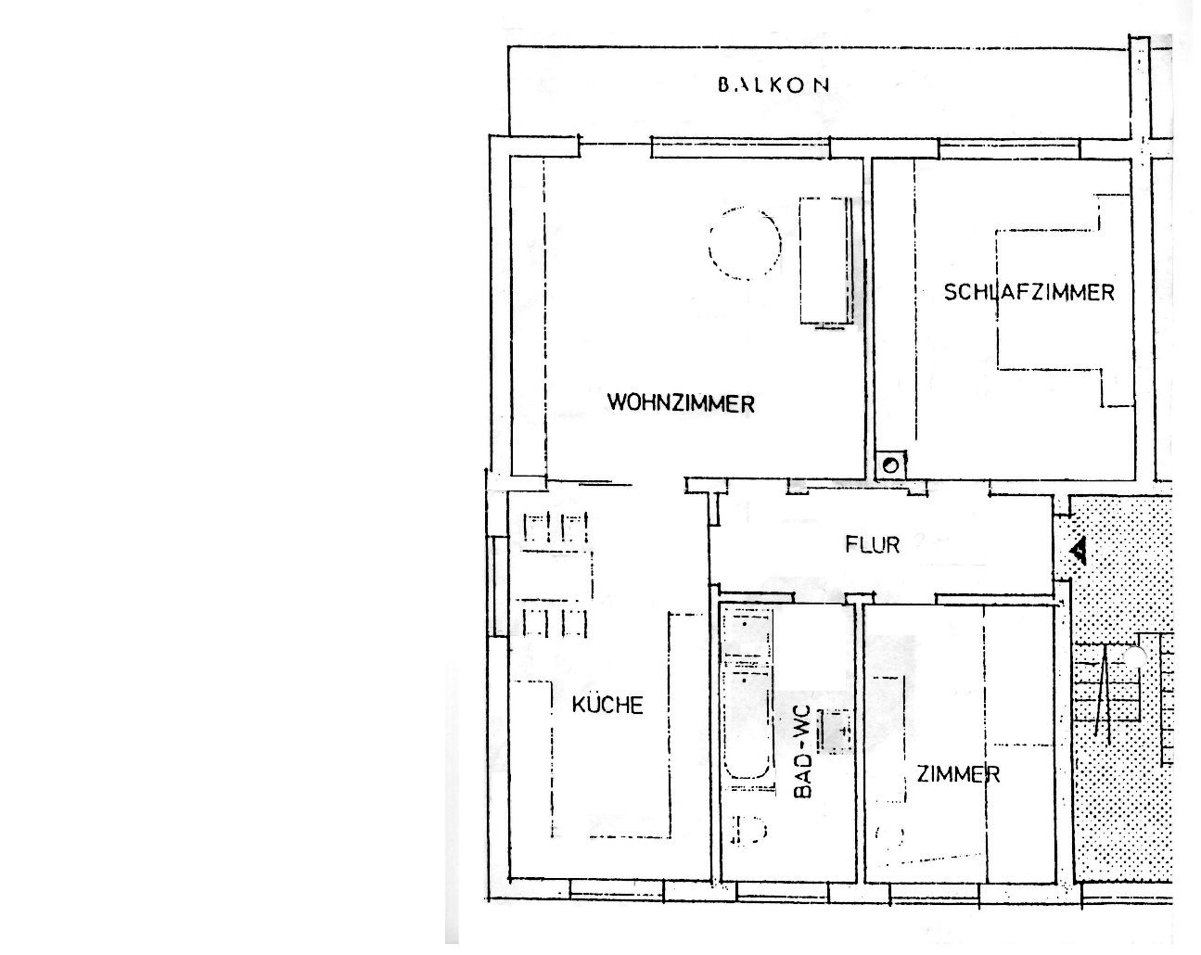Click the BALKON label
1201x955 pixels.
tap(773, 85)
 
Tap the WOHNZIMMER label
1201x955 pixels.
tap(681, 403)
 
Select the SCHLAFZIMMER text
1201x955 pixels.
tap(1029, 292)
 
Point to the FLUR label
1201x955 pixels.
tap(873, 545)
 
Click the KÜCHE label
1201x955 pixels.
tap(607, 705)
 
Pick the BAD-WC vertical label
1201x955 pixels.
tap(801, 752)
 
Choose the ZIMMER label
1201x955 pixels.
tap(958, 774)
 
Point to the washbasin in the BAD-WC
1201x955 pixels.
tap(835, 732)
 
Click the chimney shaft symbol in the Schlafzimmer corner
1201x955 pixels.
tap(890, 465)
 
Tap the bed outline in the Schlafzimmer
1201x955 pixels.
tap(1065, 300)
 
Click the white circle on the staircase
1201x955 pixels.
tap(1133, 657)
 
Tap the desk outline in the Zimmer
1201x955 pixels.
tap(889, 740)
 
